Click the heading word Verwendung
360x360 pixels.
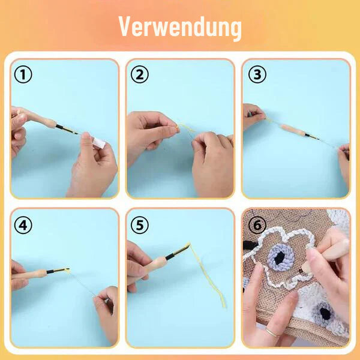pyautogui.click(x=180, y=27)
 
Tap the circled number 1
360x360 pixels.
pyautogui.click(x=23, y=75)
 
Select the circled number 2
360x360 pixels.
pyautogui.click(x=140, y=75)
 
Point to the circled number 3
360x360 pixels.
pyautogui.click(x=257, y=75)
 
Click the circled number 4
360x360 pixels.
pyautogui.click(x=23, y=225)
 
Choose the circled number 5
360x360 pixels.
pyautogui.click(x=140, y=225)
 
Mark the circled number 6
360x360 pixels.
pyautogui.click(x=257, y=225)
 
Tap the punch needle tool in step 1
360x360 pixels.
pyautogui.click(x=57, y=124)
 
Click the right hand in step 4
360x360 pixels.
pyautogui.click(x=105, y=309)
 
